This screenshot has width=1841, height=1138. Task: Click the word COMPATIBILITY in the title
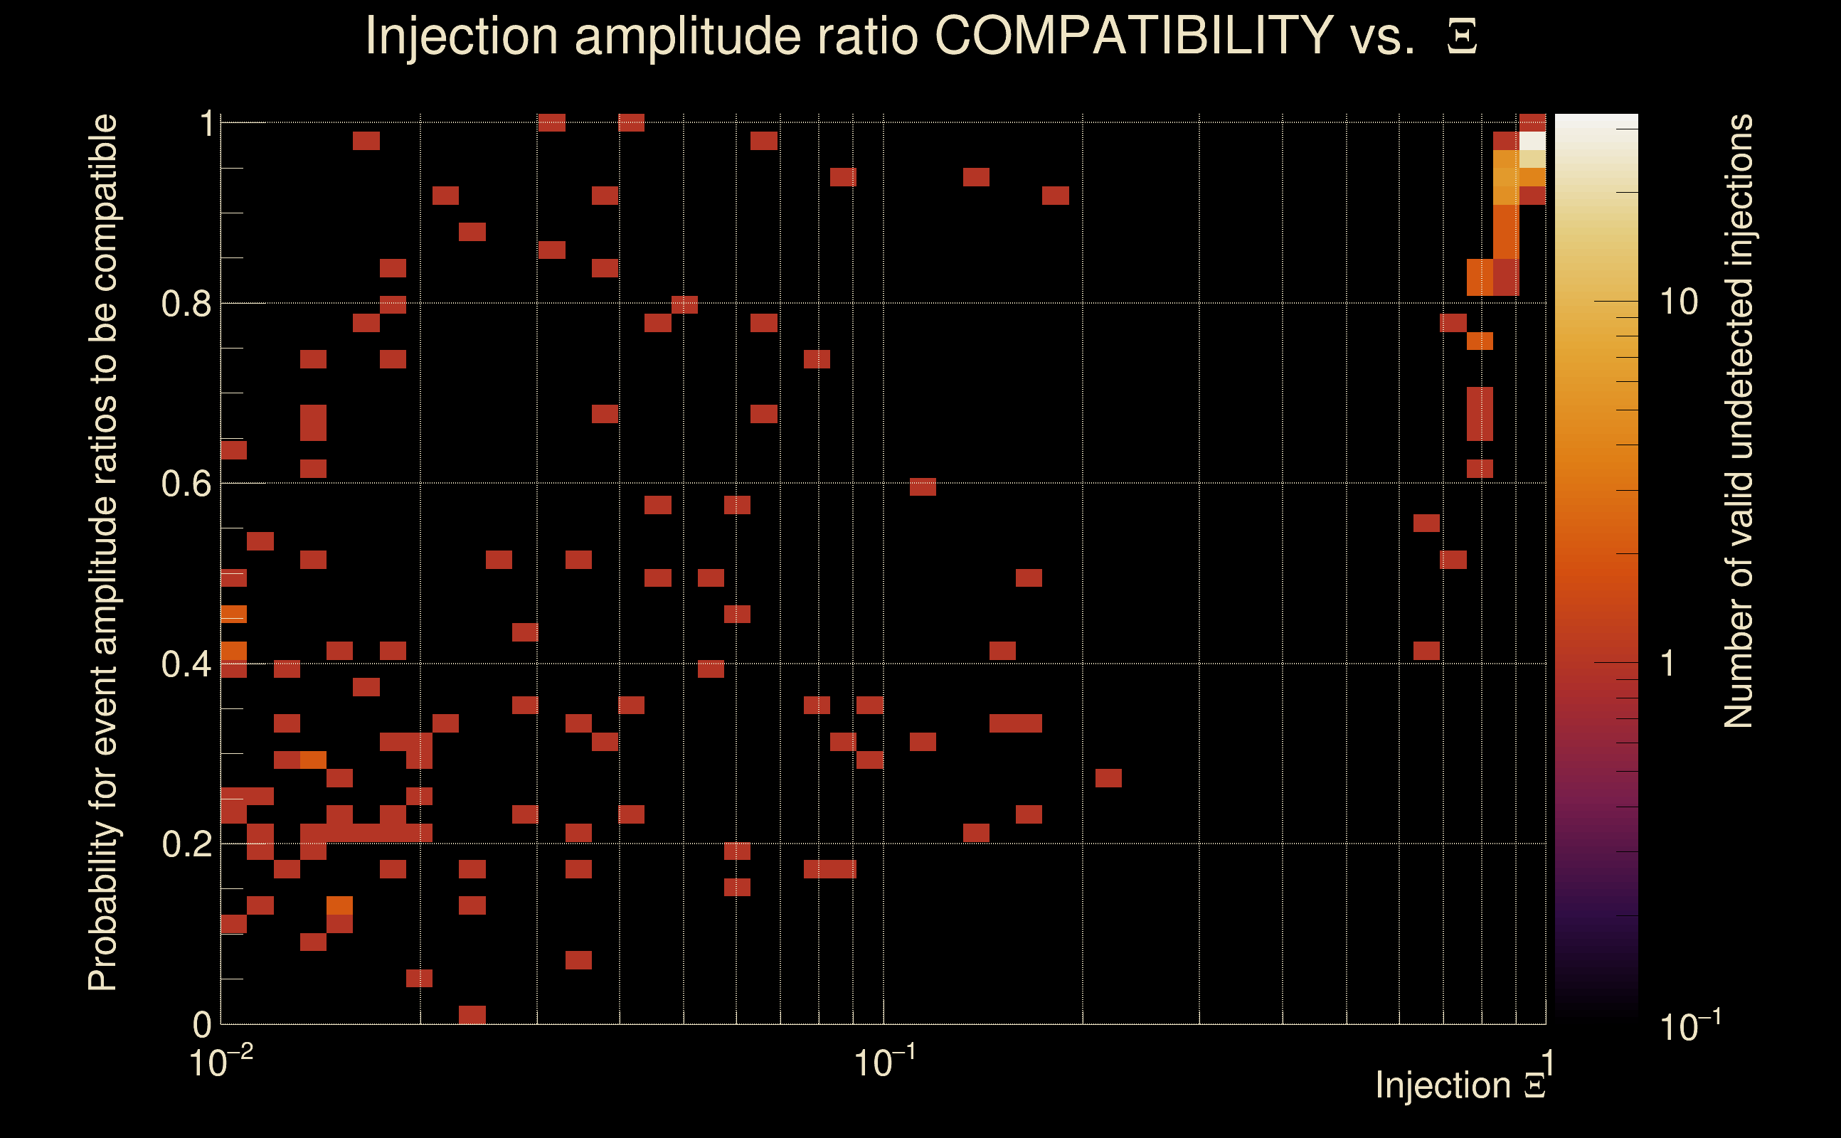1133,36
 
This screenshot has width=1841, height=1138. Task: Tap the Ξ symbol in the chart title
1462,37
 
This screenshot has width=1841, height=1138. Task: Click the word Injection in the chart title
461,36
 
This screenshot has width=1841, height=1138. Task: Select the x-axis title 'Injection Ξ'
1460,1085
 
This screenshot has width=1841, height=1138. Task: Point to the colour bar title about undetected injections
1737,422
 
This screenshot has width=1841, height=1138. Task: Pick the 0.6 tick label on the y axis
186,484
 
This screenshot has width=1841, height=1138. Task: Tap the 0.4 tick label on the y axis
186,664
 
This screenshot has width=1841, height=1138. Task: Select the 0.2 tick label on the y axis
186,844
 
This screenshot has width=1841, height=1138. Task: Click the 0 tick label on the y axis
203,1025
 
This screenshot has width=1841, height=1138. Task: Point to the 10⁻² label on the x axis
220,1062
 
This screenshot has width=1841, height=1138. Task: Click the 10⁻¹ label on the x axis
884,1062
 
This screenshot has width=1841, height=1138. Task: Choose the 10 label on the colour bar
1678,302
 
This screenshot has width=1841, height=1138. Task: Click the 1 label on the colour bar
1668,664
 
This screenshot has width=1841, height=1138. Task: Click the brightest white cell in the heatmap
1532,141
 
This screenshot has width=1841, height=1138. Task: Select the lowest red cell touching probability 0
472,1014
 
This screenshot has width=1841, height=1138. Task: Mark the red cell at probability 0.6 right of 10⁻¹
923,486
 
